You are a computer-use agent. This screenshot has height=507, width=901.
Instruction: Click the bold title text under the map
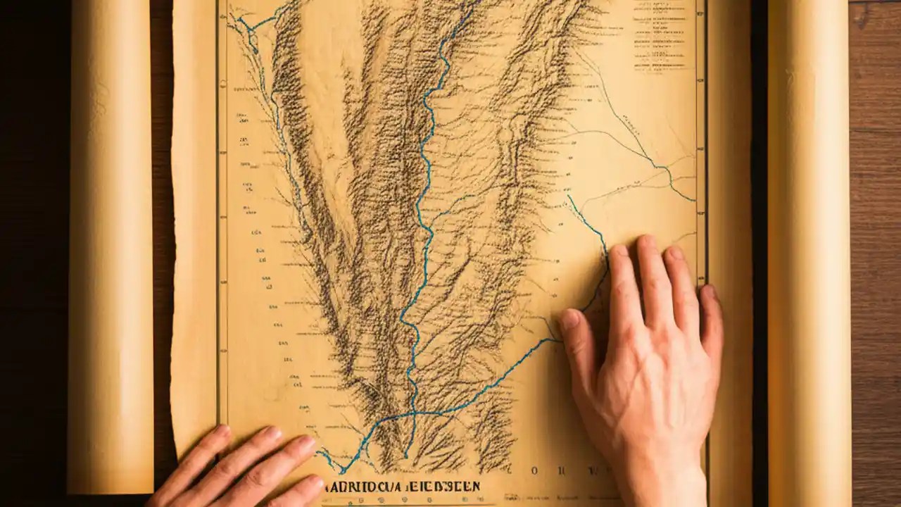tap(402, 487)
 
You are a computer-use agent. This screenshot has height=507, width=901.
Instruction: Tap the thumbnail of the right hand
tap(569, 321)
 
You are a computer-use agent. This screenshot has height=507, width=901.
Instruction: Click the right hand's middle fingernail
tap(646, 243)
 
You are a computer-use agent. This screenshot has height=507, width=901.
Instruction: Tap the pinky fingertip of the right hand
tap(708, 292)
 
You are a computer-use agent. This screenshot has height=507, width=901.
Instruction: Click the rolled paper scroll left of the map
tap(111, 246)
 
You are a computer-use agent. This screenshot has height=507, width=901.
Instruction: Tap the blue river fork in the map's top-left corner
tap(248, 27)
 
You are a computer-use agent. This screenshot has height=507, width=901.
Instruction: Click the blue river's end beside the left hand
tap(325, 456)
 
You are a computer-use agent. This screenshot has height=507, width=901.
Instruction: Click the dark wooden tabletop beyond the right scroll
tap(876, 246)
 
